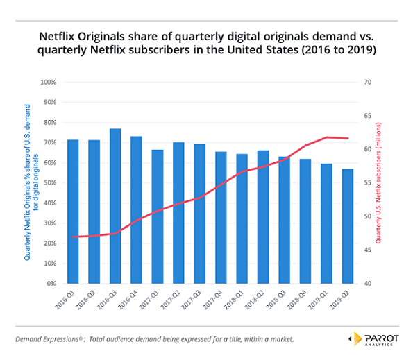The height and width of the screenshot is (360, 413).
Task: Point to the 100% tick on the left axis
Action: (48, 82)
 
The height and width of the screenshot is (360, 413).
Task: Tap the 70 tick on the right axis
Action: (369, 82)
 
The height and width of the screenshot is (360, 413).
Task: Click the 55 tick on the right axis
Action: (369, 183)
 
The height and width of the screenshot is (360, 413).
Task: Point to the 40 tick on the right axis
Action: (369, 284)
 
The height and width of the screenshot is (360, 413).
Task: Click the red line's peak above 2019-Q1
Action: (327, 137)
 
